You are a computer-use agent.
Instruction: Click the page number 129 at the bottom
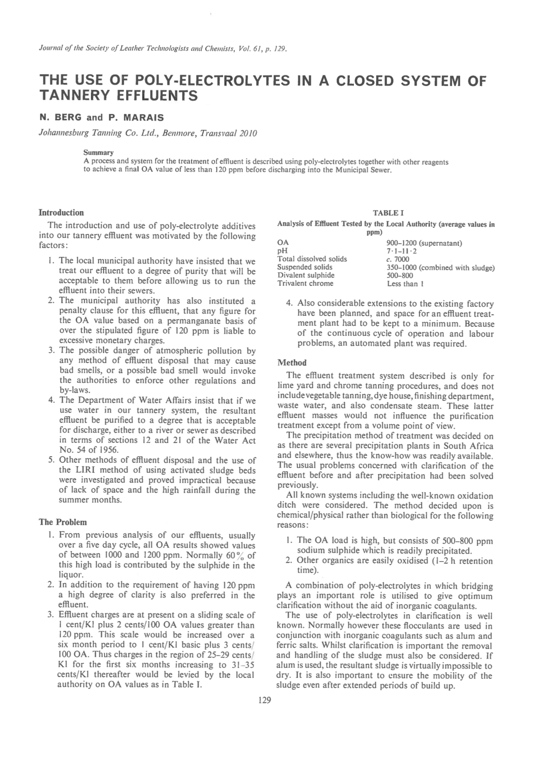[x=265, y=700]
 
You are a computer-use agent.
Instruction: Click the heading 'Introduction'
[x=61, y=213]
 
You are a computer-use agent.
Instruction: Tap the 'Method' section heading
[x=292, y=363]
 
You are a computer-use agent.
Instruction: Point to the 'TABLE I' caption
[x=385, y=213]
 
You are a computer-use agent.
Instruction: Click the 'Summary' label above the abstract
[x=98, y=153]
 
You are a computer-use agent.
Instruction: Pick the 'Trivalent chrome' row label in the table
[x=305, y=283]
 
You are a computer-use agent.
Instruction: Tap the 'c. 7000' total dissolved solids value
[x=397, y=259]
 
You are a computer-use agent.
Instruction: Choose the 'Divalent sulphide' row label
[x=306, y=275]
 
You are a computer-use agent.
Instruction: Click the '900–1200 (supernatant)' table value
[x=424, y=243]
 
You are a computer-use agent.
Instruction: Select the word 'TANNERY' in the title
[x=74, y=96]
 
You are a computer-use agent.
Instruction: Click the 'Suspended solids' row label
[x=305, y=267]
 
